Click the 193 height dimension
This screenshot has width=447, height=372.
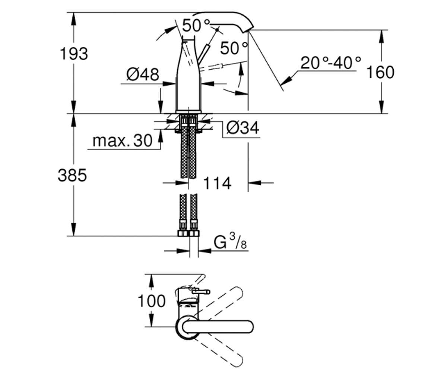(74, 54)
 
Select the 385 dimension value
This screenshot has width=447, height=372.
(72, 176)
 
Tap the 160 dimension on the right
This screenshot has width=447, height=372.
(380, 72)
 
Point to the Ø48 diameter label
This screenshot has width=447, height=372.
(143, 74)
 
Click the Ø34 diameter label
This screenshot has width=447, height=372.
(243, 128)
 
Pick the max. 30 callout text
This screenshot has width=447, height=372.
(123, 141)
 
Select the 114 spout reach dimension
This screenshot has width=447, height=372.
(217, 183)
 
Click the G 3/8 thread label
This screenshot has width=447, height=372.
(231, 241)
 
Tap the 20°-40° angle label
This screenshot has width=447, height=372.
(331, 63)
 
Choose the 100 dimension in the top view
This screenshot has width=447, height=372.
(152, 301)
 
